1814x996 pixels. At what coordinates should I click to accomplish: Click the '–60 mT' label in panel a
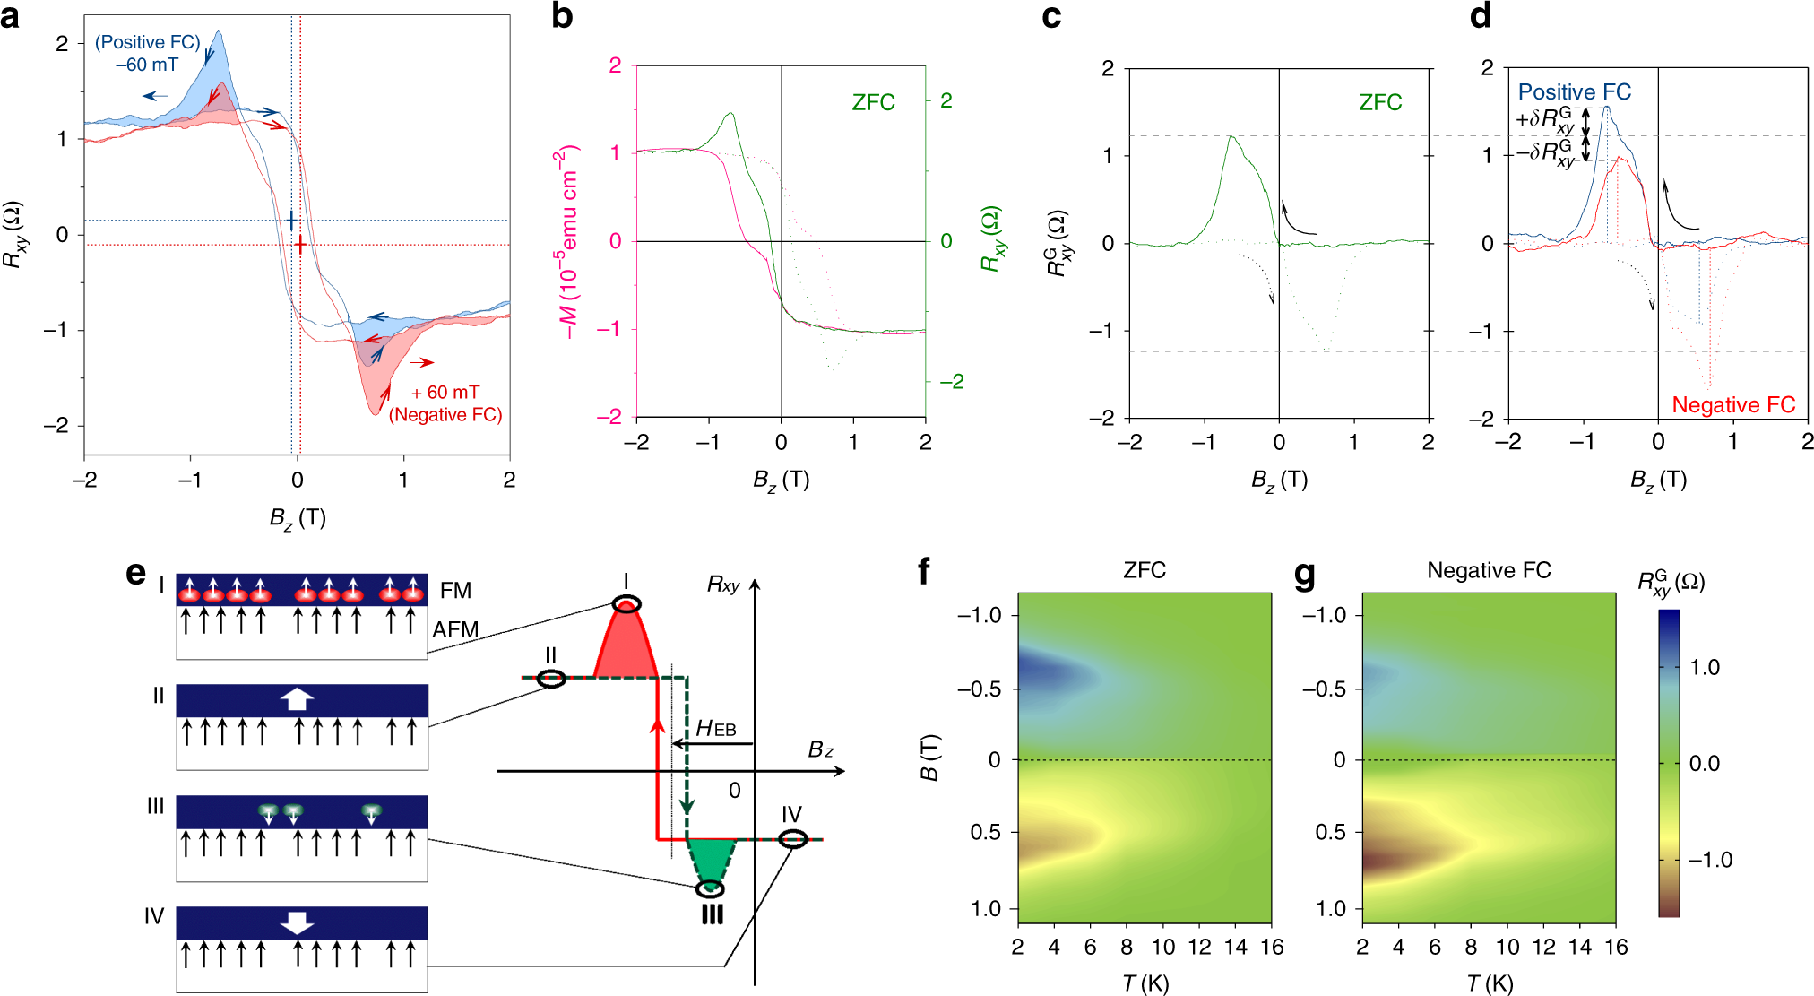(147, 65)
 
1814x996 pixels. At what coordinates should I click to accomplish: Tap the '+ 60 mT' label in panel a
(445, 393)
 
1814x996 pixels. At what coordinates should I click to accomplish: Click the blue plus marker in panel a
(290, 221)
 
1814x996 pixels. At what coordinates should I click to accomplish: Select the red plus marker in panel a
(300, 245)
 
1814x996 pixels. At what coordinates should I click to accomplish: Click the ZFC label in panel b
(873, 102)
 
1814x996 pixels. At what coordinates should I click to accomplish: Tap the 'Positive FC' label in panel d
(1574, 91)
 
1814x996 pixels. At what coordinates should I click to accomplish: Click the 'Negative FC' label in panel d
(1733, 405)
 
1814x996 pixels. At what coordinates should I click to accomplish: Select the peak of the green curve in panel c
(1231, 136)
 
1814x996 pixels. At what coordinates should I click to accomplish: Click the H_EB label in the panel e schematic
(716, 728)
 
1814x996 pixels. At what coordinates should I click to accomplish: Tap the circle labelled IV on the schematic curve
(792, 839)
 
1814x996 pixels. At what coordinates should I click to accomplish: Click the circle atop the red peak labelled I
(626, 604)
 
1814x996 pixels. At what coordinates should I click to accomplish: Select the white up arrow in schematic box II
(297, 699)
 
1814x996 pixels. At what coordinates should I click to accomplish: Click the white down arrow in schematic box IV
(297, 923)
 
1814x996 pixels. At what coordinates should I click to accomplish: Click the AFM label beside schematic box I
(455, 629)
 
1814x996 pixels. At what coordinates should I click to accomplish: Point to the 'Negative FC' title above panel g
(1489, 570)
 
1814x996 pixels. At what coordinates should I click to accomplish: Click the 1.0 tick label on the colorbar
(1704, 667)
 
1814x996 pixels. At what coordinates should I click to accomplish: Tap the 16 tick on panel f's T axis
(1272, 948)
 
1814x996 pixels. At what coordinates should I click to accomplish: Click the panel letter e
(135, 573)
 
